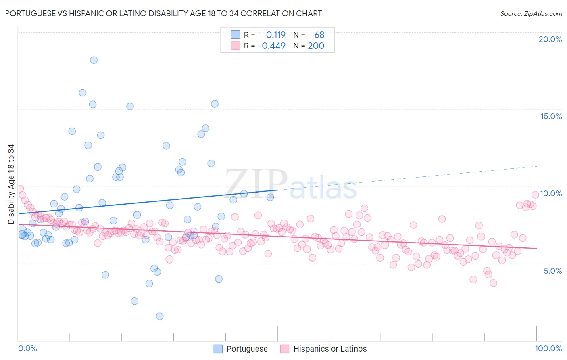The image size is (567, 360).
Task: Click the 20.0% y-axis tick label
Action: tap(550, 39)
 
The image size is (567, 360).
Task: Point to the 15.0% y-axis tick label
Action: tap(551, 116)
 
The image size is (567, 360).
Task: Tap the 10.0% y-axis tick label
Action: tap(551, 193)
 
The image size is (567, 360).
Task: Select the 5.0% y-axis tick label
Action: tap(552, 271)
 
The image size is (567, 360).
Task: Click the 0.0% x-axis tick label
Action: tap(27, 348)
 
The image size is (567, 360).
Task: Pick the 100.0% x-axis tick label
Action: tap(548, 348)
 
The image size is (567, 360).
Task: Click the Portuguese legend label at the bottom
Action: tap(247, 349)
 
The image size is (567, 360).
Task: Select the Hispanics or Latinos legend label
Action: tap(330, 349)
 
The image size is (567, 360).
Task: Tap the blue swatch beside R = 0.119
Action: tap(235, 35)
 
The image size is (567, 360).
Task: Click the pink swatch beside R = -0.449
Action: tap(235, 46)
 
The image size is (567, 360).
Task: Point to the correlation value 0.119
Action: tap(275, 35)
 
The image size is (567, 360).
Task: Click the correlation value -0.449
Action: tap(271, 46)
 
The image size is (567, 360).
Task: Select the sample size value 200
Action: tap(316, 46)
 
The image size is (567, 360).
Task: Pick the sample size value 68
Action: tap(319, 35)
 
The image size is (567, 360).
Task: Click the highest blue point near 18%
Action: tap(94, 60)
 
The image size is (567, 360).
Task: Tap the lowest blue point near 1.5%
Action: tap(160, 316)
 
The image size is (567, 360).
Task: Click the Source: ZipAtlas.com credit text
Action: tap(531, 14)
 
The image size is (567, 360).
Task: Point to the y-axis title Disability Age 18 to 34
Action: tap(11, 184)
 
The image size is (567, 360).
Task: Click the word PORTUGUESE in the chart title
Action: tap(29, 14)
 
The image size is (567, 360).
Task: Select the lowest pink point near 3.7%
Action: tap(493, 283)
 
